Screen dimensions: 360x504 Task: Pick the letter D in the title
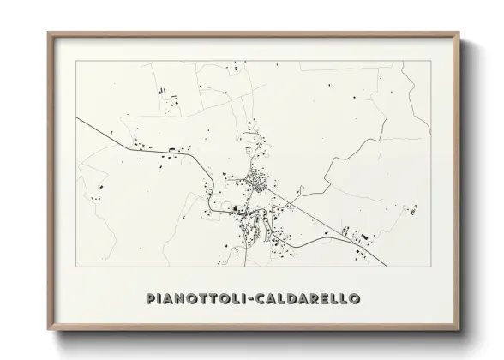coord(299,301)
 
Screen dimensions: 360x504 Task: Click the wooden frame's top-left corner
coord(48,33)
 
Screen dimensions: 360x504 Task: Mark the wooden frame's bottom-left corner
coord(48,330)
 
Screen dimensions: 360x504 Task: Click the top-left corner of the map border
coord(76,62)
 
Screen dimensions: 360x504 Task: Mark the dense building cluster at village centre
coord(256,181)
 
